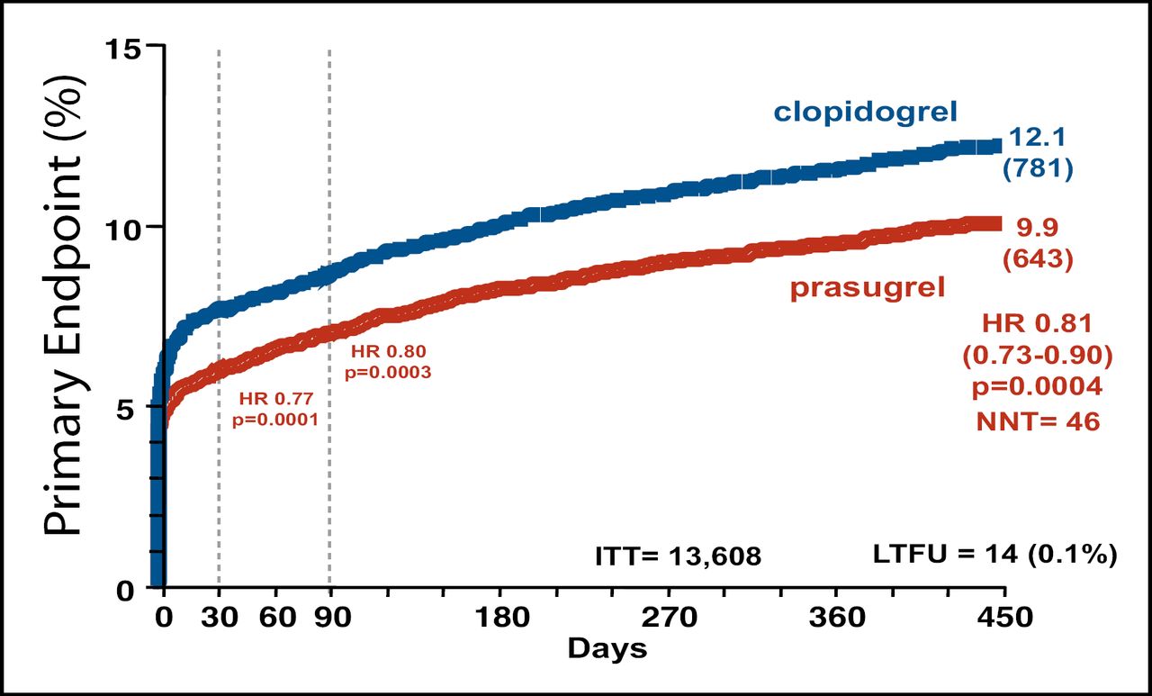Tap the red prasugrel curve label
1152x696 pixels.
coord(868,289)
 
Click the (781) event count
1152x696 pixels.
coord(1038,168)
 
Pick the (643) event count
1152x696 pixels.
coord(1039,259)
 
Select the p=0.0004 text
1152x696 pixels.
coord(1038,387)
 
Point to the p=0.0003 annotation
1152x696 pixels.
coord(387,372)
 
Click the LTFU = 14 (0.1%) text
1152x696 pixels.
coord(994,555)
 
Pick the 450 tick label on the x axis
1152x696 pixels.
coord(1004,619)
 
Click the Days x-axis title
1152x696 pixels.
coord(607,648)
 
